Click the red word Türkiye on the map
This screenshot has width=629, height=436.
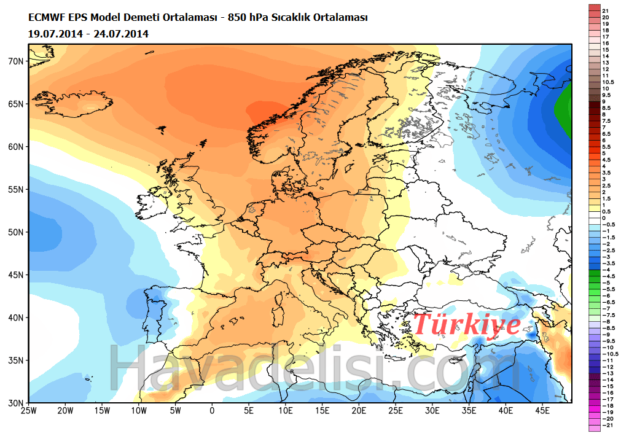467,324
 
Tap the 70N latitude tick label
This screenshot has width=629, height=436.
15,61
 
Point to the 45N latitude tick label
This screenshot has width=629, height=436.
15,274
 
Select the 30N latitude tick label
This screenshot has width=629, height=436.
15,403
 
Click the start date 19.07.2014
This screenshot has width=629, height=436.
57,33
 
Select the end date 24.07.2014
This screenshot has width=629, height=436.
121,33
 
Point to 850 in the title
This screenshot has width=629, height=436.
238,18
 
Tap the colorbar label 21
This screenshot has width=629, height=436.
605,11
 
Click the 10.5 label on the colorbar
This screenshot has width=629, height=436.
608,82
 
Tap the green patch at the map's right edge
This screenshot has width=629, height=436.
565,107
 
